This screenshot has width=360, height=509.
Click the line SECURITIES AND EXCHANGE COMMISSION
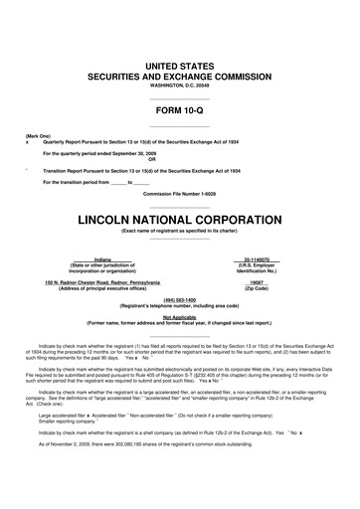click(180, 75)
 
